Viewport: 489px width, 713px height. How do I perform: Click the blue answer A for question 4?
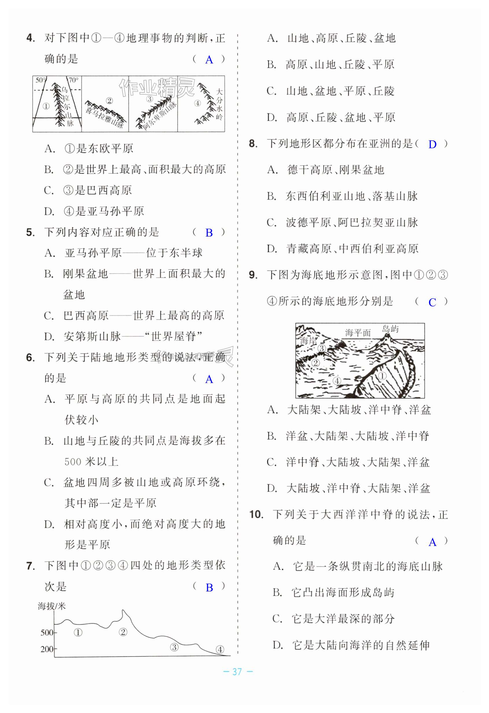coord(209,60)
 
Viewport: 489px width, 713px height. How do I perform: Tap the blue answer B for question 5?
coord(209,233)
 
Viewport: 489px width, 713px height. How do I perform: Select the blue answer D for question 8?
coord(432,144)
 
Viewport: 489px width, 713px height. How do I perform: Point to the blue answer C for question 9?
coord(432,302)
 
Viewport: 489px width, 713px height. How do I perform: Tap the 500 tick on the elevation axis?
coord(47,633)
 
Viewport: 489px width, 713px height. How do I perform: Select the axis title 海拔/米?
coord(51,606)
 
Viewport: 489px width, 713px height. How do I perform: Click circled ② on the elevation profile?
coord(123,632)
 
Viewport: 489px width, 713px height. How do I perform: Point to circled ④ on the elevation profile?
coord(220,650)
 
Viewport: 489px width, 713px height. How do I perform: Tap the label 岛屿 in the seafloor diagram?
coord(390,329)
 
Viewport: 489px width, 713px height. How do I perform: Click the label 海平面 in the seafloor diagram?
coord(358,333)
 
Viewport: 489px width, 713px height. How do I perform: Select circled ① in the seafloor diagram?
coord(382,376)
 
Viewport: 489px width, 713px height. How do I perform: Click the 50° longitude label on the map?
coord(40,80)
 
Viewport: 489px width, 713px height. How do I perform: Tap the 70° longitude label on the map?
coord(73,80)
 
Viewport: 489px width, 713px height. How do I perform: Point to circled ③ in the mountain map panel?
coord(150,99)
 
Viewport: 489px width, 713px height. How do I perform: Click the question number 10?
coord(256,514)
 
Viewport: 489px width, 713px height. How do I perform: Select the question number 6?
coord(30,358)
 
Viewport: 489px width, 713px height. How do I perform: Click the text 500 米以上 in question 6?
coord(91,462)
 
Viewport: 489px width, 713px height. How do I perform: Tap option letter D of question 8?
coord(272,248)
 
